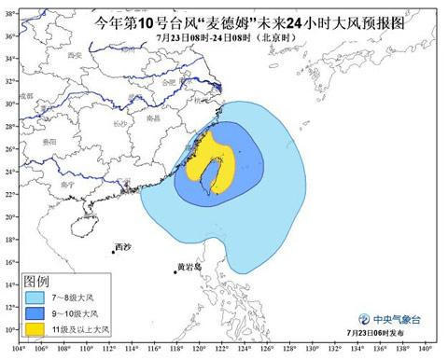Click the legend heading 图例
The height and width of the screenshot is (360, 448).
tap(36, 281)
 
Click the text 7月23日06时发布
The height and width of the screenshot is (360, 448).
tap(382, 331)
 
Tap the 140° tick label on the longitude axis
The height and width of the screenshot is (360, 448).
tap(424, 352)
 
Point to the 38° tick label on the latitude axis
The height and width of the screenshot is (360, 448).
tap(8, 35)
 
